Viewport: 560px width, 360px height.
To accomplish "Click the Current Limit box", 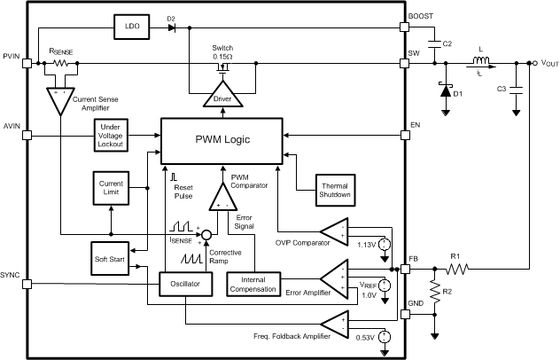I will click(111, 188).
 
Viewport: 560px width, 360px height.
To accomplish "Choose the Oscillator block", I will click(185, 284).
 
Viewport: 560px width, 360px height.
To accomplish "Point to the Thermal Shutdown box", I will click(335, 191).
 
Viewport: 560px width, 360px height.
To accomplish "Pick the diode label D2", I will click(170, 17).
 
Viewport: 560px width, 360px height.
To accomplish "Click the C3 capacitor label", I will click(502, 89).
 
